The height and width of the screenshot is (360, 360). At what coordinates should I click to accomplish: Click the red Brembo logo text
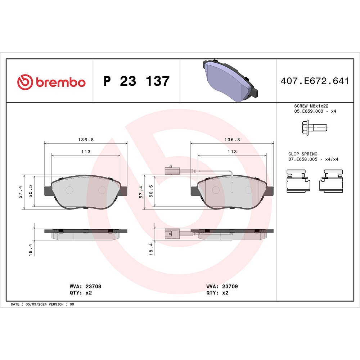click(60, 82)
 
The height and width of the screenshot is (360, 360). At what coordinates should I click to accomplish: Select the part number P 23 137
click(136, 81)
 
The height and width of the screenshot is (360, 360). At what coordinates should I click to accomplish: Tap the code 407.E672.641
click(315, 81)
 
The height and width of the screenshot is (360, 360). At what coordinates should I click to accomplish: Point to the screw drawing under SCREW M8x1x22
click(314, 127)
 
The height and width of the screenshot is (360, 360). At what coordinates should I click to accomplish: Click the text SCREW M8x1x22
click(311, 106)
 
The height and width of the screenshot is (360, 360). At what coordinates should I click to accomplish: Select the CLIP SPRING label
click(303, 154)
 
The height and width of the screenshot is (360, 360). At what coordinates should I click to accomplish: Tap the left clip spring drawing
click(298, 181)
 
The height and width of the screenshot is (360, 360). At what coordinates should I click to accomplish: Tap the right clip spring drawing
click(331, 181)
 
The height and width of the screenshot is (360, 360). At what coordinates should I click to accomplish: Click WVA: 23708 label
click(85, 286)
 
